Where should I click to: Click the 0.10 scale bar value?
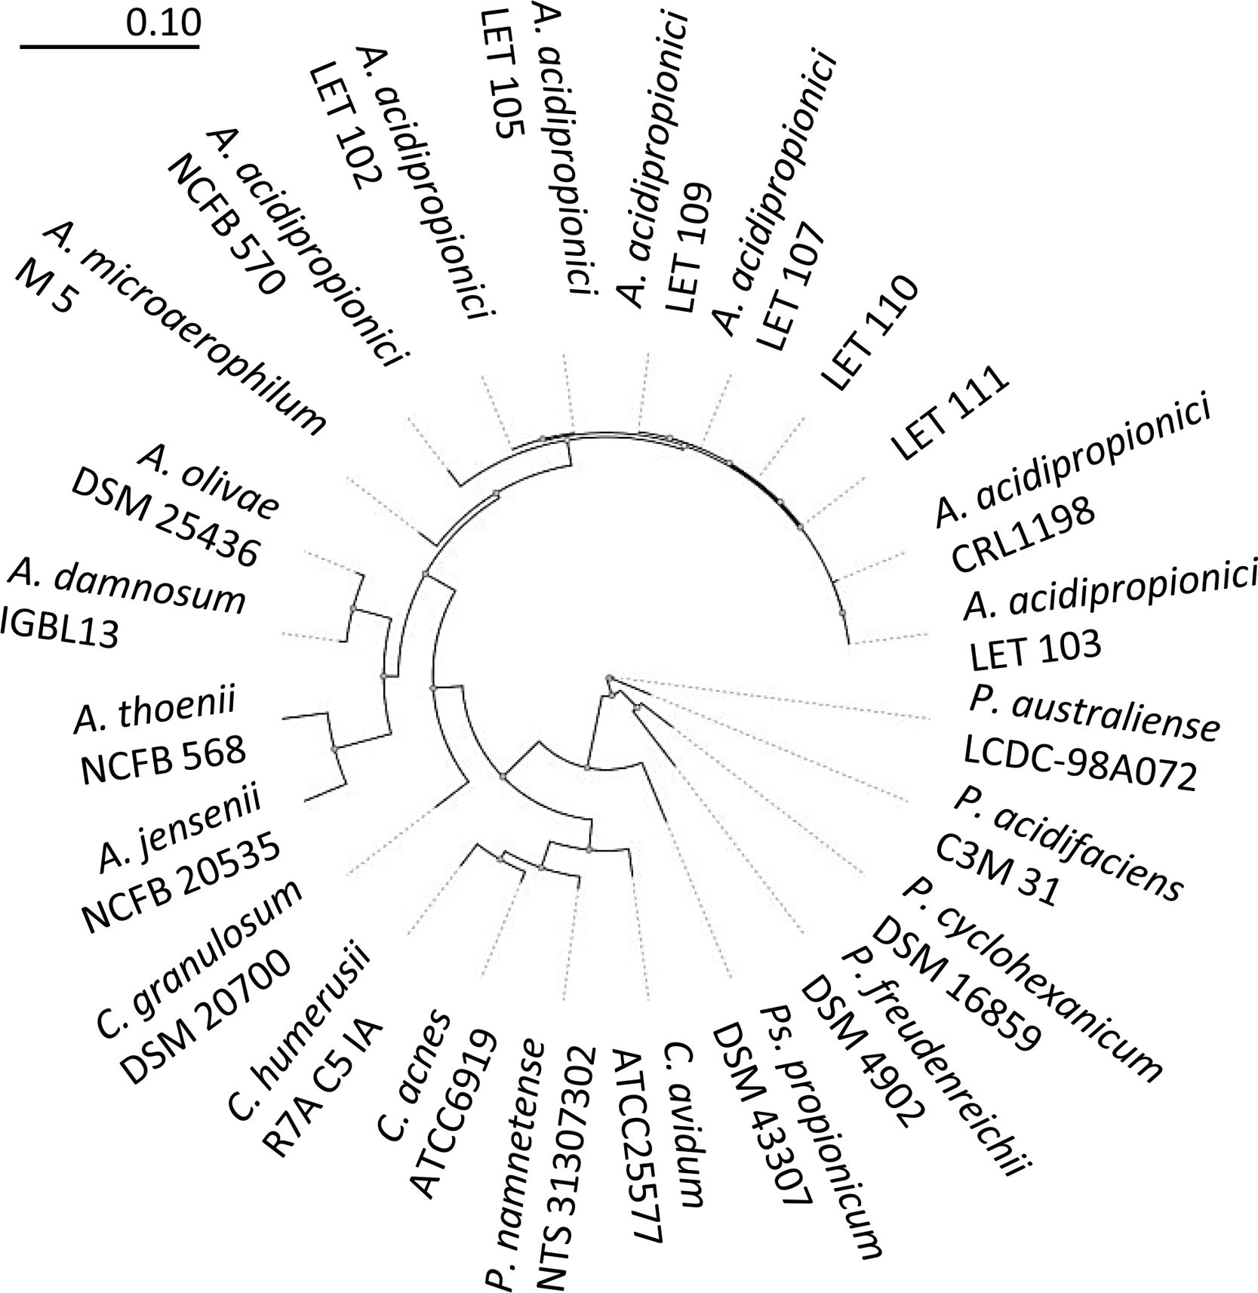click(163, 24)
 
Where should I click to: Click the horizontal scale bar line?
click(109, 47)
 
